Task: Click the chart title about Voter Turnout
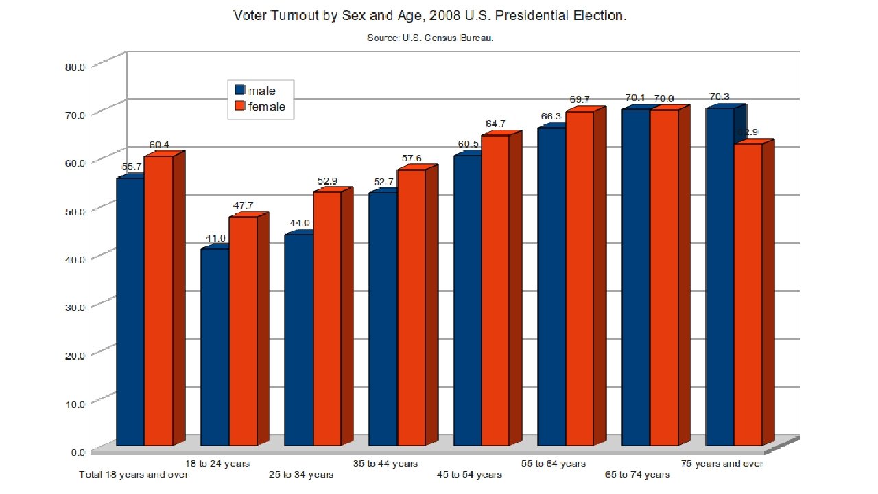[429, 15]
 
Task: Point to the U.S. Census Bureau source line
[430, 38]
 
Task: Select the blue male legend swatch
[240, 90]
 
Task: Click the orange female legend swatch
[240, 106]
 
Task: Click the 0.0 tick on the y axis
[78, 452]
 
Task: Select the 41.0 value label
[215, 238]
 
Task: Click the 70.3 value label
[719, 97]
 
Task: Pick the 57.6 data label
[412, 159]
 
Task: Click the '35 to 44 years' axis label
[385, 464]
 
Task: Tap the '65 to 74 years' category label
[637, 475]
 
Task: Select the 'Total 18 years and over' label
[134, 475]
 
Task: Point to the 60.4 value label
[159, 145]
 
